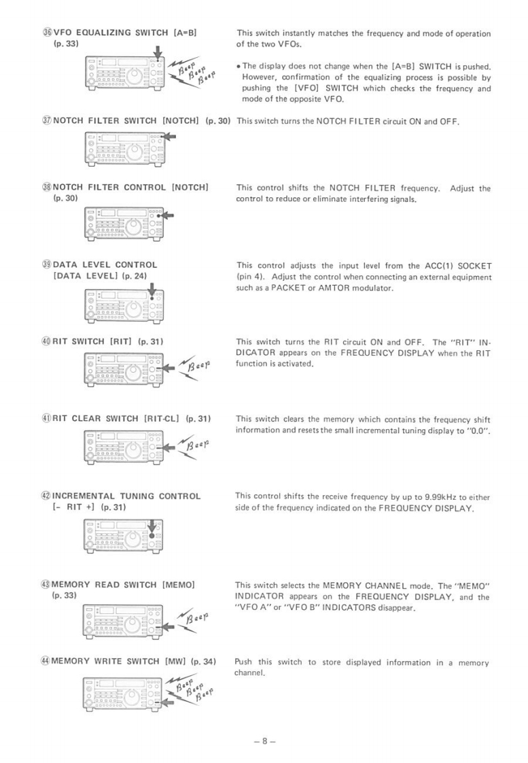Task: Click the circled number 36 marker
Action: [x=47, y=33]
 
